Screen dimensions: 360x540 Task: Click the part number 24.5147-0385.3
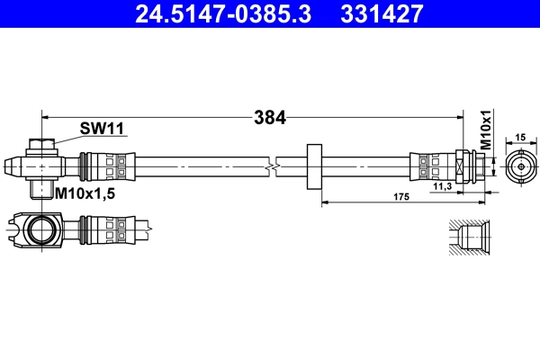point(222,13)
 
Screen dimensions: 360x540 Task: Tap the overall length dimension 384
point(269,116)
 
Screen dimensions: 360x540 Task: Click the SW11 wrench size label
point(101,129)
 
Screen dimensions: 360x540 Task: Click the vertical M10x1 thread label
point(485,130)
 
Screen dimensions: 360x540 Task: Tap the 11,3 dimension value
point(442,186)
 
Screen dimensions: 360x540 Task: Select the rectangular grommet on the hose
point(314,166)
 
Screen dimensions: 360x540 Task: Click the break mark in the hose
point(273,166)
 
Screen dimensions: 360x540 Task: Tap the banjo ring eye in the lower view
point(42,229)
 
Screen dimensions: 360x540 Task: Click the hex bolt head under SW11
point(41,145)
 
